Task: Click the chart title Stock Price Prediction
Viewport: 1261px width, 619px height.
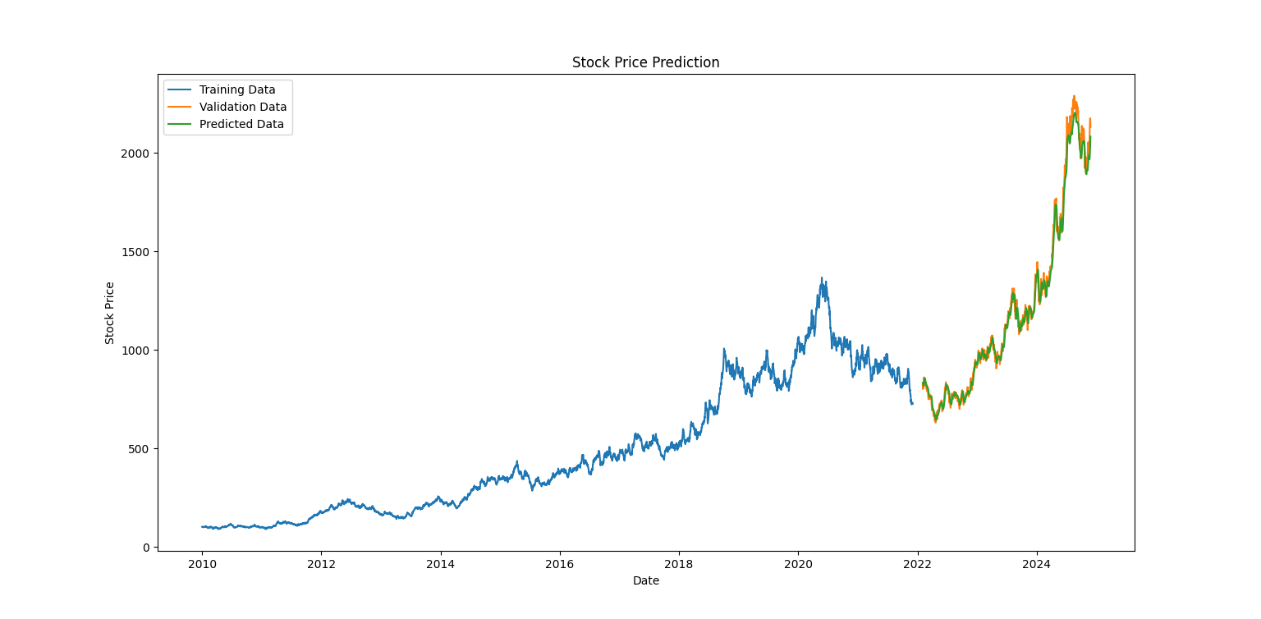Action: point(645,62)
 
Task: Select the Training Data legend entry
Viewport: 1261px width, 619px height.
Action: point(237,89)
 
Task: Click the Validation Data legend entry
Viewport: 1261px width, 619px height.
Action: point(243,107)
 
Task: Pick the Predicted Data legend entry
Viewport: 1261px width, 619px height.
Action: point(241,125)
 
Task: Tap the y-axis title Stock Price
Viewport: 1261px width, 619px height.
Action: point(109,313)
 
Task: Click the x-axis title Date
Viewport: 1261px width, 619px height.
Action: point(645,581)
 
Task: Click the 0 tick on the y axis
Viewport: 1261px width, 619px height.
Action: point(146,548)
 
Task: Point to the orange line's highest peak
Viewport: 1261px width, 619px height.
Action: point(1074,96)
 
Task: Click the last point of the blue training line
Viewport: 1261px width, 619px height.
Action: point(911,403)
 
